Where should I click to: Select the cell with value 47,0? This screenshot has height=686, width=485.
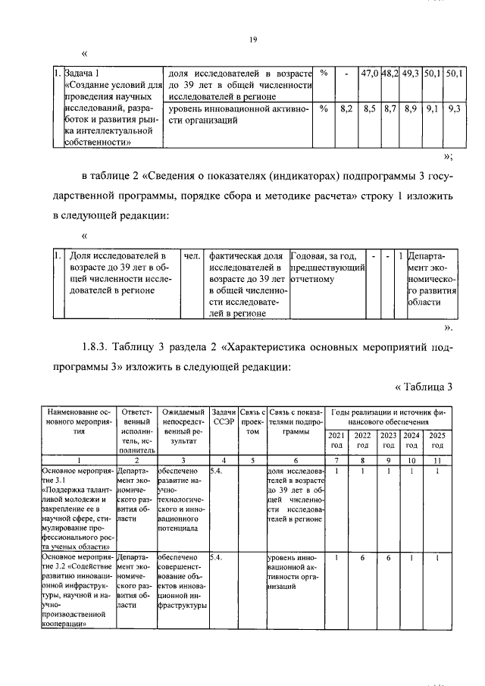click(370, 74)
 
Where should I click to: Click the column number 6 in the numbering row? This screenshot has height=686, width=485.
click(296, 459)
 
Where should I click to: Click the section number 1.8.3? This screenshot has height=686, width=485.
click(97, 349)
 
